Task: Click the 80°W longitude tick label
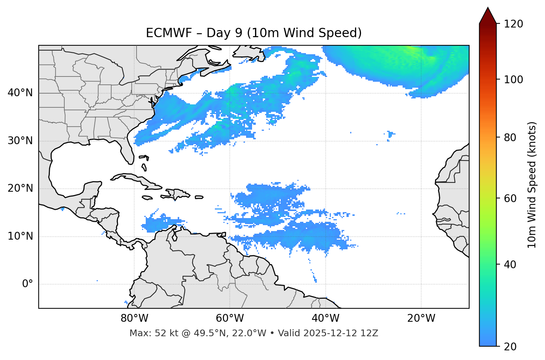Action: [134, 318]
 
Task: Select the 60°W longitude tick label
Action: [230, 318]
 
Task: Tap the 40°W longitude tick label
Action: [325, 318]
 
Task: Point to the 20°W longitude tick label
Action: [421, 318]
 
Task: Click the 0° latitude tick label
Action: [28, 284]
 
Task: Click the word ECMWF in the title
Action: [164, 33]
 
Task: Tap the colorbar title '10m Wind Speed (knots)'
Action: [532, 185]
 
